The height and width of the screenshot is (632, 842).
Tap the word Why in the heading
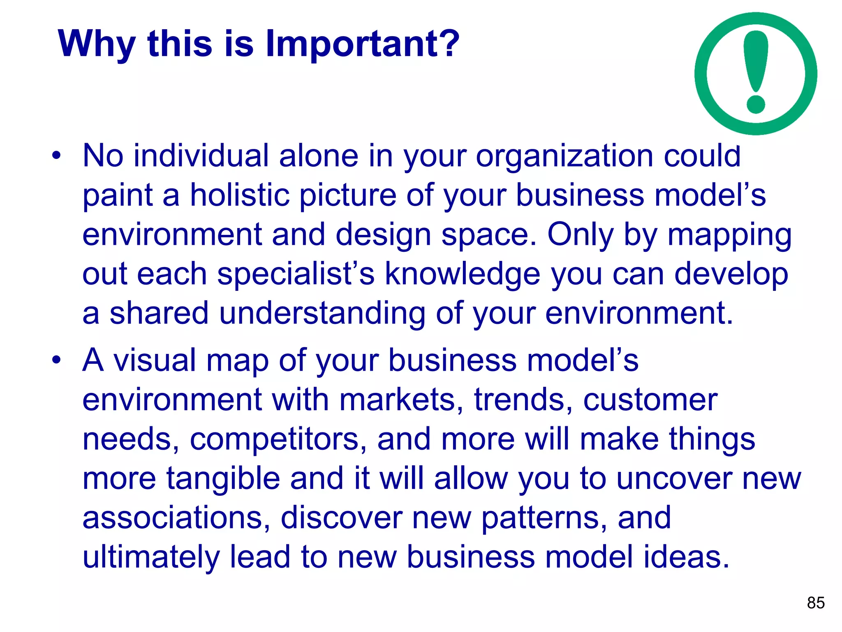97,44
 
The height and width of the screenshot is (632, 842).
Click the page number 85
816,603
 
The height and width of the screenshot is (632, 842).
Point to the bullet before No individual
56,156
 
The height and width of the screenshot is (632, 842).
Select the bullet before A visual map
56,360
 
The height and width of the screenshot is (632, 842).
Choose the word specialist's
296,274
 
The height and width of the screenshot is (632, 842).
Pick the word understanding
322,313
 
